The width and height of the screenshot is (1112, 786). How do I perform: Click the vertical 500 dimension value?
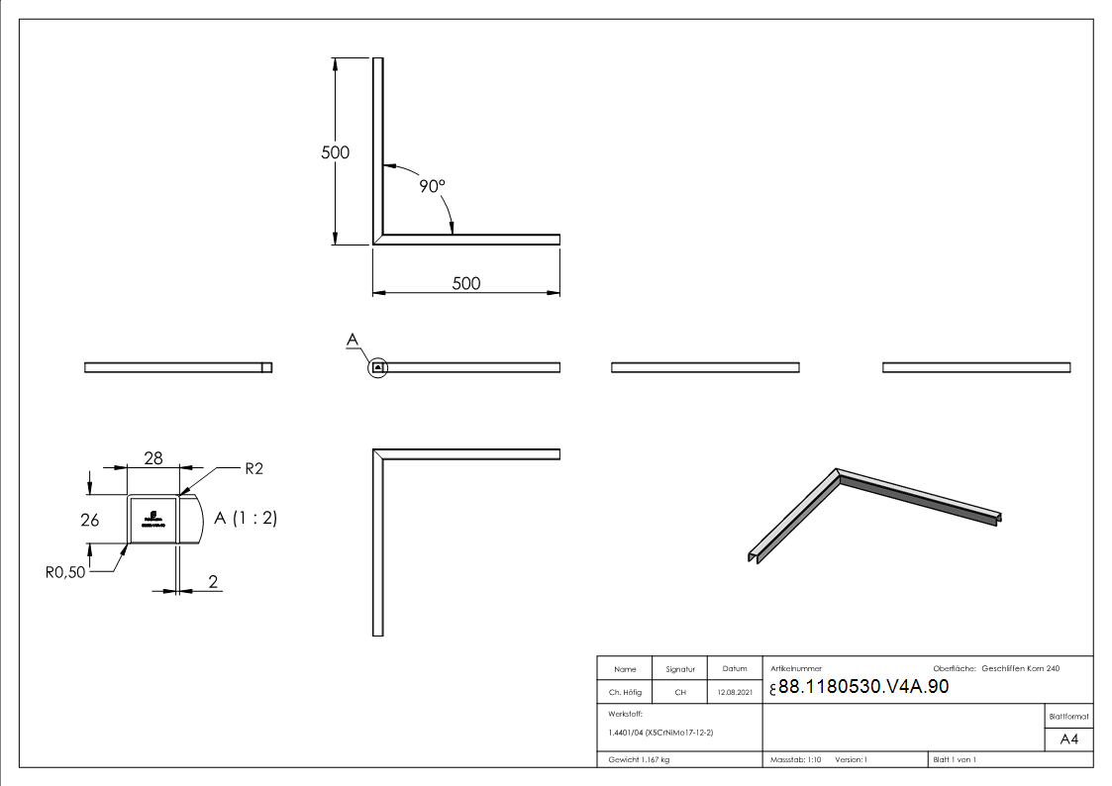(x=336, y=152)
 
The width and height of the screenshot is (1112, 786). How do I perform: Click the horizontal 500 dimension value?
(x=465, y=283)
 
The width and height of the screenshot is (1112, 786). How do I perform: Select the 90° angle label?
(x=432, y=185)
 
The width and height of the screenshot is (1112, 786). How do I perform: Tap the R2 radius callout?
(x=253, y=469)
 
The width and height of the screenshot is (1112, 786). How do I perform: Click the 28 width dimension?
(x=153, y=457)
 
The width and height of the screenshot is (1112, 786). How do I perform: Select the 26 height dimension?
(x=89, y=520)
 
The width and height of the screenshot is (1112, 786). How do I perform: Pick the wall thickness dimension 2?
(x=213, y=581)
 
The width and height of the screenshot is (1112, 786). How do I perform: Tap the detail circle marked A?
(x=377, y=367)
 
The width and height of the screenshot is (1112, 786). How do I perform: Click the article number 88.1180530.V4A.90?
(x=863, y=687)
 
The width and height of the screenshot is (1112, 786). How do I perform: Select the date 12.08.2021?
(x=735, y=692)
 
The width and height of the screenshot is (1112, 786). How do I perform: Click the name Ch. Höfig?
(x=625, y=692)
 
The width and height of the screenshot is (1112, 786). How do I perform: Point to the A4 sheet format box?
(x=1068, y=739)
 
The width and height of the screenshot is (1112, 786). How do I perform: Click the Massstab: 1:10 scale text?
(x=796, y=759)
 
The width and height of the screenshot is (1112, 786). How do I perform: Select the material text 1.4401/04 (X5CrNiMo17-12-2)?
(x=660, y=732)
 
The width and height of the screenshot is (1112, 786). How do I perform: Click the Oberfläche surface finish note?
(x=995, y=669)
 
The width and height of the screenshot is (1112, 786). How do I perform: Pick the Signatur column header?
(x=680, y=669)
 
